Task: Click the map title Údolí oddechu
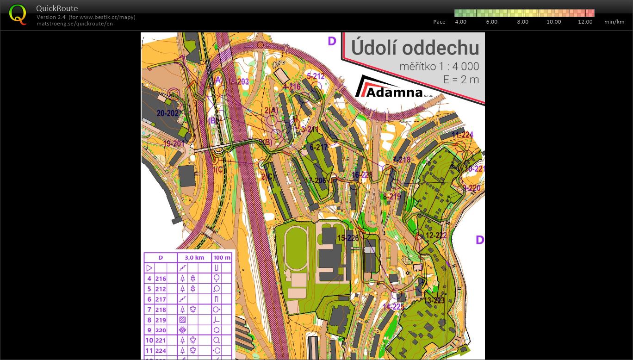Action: (415, 48)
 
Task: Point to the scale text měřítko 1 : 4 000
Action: (439, 67)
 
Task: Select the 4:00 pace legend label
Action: (461, 22)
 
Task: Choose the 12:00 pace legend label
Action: (585, 22)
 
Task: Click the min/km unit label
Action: (614, 22)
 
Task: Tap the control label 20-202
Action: (168, 113)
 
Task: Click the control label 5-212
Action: (316, 76)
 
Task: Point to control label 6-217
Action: (319, 147)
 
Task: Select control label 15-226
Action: (348, 238)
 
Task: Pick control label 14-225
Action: (393, 306)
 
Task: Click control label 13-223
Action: (434, 301)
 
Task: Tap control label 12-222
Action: (436, 236)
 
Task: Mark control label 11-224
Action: (462, 135)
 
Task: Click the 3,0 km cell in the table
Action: (194, 257)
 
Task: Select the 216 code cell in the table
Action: (161, 279)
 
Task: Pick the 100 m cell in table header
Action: (222, 257)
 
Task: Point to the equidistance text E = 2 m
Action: (460, 80)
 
